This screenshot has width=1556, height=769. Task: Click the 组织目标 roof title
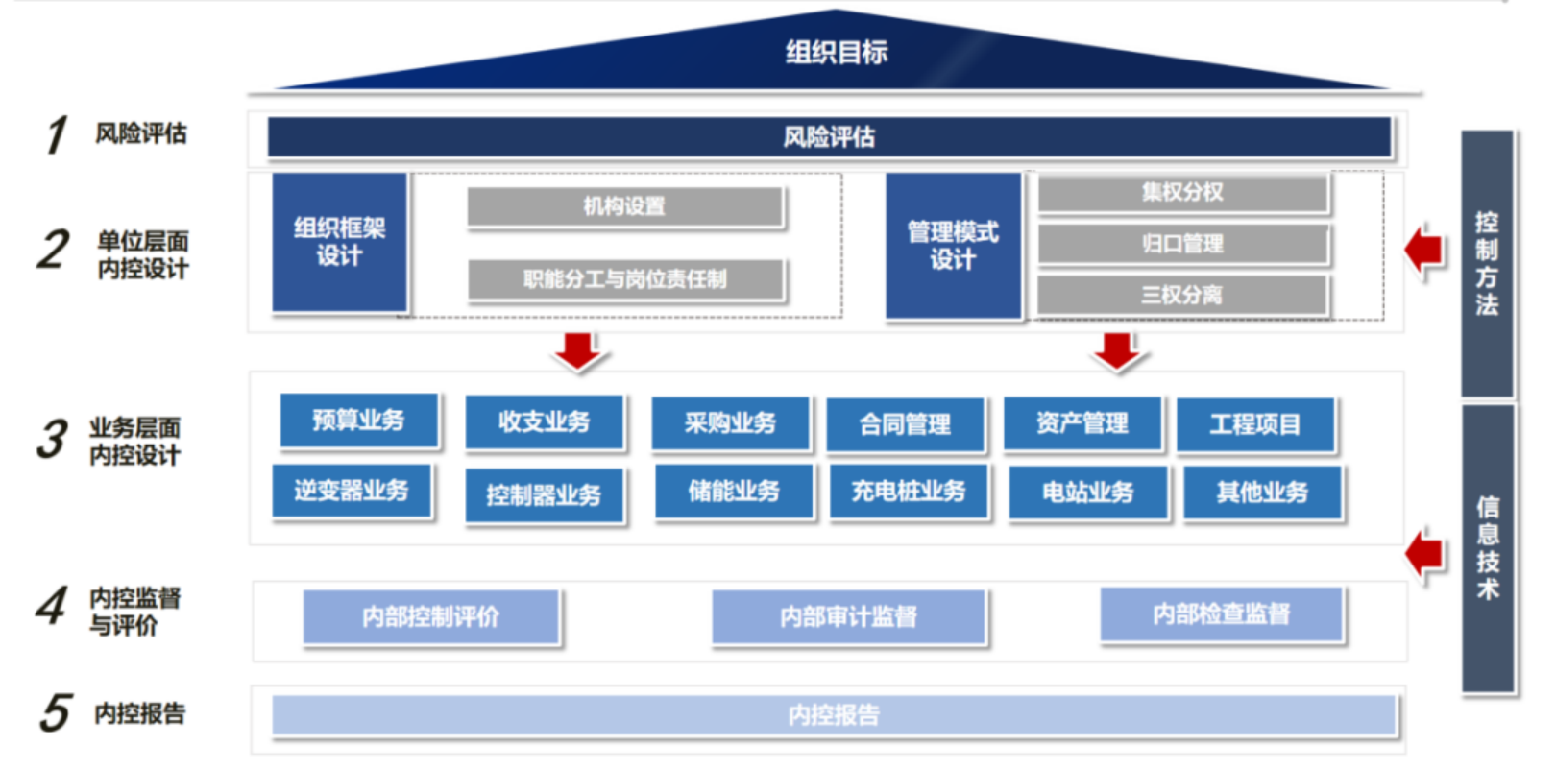[837, 52]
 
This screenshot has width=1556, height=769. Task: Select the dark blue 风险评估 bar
[830, 136]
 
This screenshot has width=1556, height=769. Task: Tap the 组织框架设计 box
[340, 242]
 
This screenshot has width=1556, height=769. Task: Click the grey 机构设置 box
[624, 206]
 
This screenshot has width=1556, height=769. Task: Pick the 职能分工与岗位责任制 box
[625, 279]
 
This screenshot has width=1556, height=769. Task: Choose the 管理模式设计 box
[953, 246]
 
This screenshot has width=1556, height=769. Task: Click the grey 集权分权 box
[1182, 192]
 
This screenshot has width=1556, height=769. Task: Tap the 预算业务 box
[358, 420]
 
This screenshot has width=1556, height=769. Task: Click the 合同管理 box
[905, 424]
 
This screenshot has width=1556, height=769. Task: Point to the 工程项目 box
[1255, 424]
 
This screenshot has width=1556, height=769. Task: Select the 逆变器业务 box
[352, 491]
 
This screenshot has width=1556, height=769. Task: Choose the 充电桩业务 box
[909, 492]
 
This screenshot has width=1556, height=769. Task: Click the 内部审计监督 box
[848, 616]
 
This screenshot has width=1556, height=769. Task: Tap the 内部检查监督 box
[1221, 613]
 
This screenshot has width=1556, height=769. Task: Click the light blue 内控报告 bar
[834, 715]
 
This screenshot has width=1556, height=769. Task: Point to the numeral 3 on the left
[53, 440]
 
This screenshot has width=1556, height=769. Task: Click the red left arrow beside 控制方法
[1424, 250]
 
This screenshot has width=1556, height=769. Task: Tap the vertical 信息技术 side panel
[1488, 548]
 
